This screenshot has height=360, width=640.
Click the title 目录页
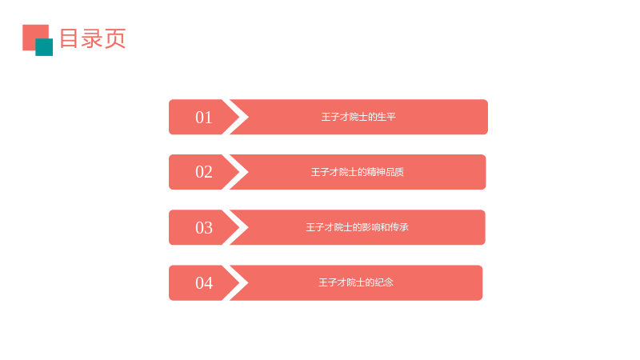pos(93,38)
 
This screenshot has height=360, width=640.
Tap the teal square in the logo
pos(44,47)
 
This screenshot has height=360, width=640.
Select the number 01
pos(204,118)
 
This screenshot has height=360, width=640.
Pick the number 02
pos(204,172)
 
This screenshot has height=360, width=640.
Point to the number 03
pos(204,228)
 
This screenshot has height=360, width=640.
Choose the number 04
pos(204,283)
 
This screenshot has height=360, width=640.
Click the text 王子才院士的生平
pos(358,117)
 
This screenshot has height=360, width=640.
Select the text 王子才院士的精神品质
pos(358,172)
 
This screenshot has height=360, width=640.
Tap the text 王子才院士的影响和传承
pos(357,227)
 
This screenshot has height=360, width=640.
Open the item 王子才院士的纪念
pos(356,282)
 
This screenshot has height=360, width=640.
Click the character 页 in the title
pos(115,38)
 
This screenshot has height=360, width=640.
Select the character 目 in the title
pos(69,38)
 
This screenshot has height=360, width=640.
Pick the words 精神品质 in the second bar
pos(386,172)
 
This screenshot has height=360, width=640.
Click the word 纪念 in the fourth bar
pos(384,282)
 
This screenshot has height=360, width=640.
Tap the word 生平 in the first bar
pos(386,117)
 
